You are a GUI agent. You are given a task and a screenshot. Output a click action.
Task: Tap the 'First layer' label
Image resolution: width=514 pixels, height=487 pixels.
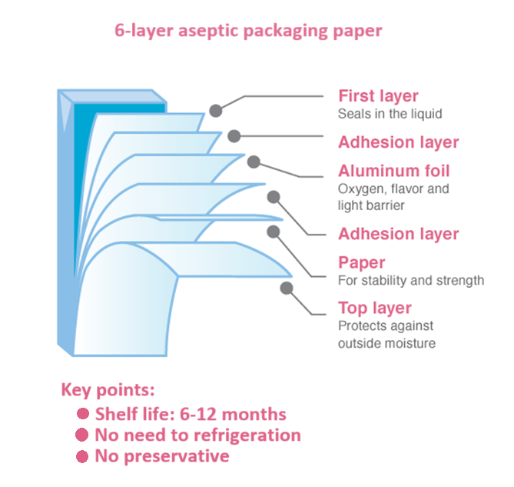[x=378, y=96]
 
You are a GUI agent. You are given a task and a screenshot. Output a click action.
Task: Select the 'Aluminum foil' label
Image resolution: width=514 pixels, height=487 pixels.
[x=393, y=171]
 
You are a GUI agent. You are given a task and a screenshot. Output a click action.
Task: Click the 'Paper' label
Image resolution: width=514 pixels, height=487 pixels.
[x=361, y=262]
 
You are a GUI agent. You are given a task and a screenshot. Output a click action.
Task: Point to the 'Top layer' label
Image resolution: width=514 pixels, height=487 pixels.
[x=375, y=309]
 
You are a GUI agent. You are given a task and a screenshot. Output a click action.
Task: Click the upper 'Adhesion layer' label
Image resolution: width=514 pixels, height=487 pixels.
[x=398, y=142]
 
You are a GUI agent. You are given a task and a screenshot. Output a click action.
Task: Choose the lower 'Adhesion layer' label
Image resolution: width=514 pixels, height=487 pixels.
[x=398, y=234]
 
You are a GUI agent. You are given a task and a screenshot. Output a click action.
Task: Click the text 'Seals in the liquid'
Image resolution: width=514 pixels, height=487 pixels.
[x=390, y=113]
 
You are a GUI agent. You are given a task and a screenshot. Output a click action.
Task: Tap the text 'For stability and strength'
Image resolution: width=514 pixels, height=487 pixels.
[x=411, y=280]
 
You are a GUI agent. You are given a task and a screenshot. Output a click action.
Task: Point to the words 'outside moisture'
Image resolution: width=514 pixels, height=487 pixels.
[x=386, y=343]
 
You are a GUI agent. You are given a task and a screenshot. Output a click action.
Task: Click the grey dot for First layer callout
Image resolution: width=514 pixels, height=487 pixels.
[x=217, y=110]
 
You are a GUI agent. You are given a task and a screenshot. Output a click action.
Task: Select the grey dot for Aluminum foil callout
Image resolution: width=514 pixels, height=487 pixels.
[x=254, y=162]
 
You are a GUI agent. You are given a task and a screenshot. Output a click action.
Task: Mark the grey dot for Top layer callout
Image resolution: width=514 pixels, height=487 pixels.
[x=287, y=289]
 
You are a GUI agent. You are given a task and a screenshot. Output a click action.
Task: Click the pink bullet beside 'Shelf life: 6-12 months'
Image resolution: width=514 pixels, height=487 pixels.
[x=82, y=415]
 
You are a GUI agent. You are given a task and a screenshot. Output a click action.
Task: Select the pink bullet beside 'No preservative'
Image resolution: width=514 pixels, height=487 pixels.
[x=82, y=456]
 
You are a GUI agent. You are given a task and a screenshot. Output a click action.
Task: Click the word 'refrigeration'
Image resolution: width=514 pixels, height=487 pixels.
[x=247, y=435]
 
